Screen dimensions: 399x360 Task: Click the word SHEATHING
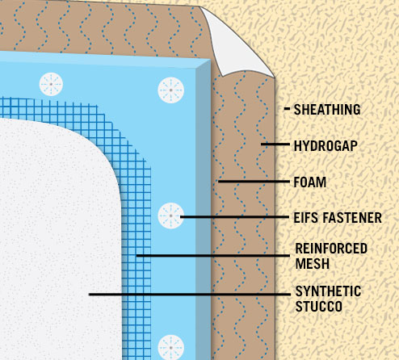[327, 110]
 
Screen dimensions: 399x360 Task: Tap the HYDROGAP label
[325, 146]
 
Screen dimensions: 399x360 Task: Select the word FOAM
[310, 182]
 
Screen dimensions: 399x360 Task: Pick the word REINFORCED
[331, 249]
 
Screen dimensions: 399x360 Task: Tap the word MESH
[313, 263]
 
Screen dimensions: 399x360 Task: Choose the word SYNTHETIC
[328, 291]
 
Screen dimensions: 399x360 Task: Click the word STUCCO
[319, 306]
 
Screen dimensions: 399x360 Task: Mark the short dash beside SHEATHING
[287, 109]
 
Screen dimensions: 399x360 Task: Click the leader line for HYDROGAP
[275, 144]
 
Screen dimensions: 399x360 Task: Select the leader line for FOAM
[254, 182]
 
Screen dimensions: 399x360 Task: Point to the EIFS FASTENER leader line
[235, 216]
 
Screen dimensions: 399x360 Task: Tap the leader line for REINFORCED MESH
[213, 255]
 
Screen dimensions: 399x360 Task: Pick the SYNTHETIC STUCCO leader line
[190, 295]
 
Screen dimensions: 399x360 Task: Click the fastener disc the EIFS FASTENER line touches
[170, 216]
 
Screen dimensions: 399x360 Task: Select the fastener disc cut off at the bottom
[170, 347]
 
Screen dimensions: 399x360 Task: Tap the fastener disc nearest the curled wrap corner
[170, 90]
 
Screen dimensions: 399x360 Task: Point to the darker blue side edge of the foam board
[203, 210]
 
